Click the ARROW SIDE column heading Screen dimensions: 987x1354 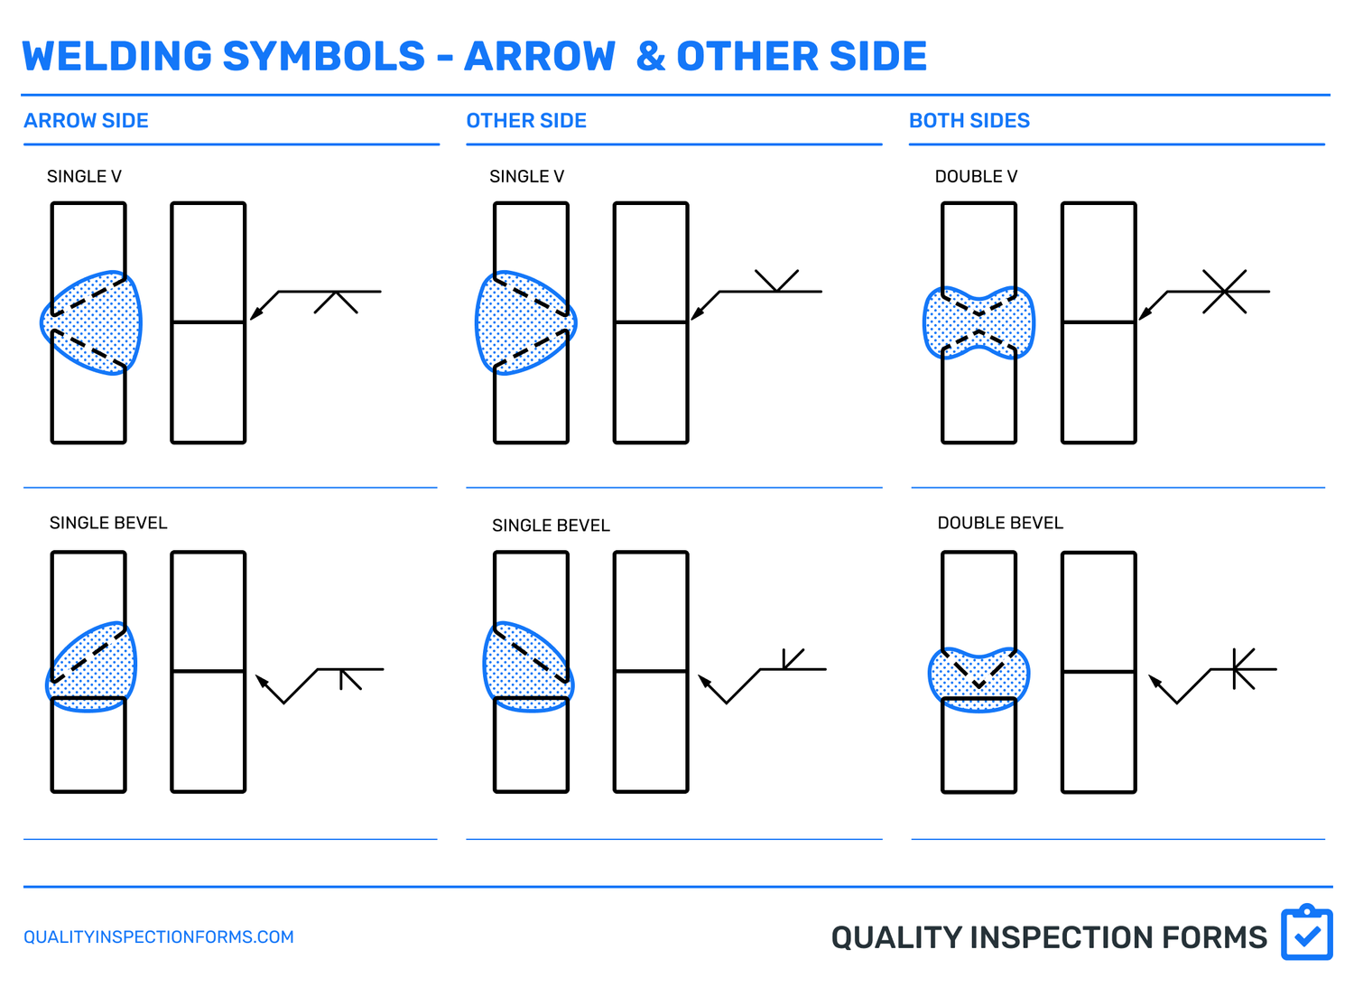coord(86,121)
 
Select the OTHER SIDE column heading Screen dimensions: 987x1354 coord(526,121)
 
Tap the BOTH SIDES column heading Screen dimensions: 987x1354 coord(969,121)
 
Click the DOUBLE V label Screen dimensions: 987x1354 coord(976,177)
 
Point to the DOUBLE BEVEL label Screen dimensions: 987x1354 coord(1000,523)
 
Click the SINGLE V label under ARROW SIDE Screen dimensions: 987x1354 coord(84,177)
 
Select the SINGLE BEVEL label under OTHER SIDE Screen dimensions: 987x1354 coord(551,526)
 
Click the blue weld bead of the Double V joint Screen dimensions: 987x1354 coord(978,323)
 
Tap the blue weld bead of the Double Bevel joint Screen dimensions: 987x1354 coord(978,680)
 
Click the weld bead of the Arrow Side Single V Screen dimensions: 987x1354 coord(95,322)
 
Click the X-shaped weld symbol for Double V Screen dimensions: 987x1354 coord(1225,292)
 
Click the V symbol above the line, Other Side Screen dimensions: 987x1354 coord(776,281)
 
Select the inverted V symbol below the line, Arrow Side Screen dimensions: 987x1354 coord(336,303)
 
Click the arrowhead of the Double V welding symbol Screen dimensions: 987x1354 coord(1145,313)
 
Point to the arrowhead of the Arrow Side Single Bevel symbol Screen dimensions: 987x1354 coord(262,680)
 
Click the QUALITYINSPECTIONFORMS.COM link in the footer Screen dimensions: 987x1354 coord(159,937)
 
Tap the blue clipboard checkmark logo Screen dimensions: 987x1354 coord(1306,934)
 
